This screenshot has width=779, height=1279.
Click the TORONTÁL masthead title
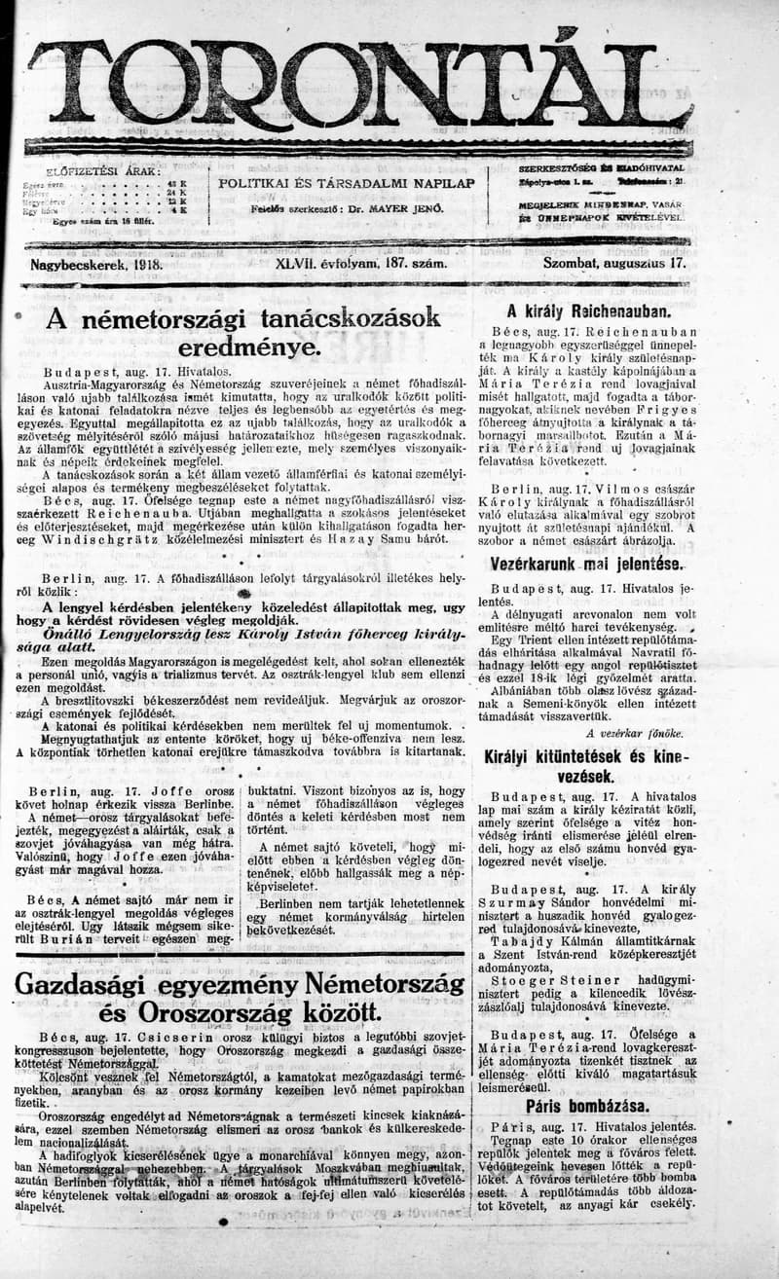click(360, 86)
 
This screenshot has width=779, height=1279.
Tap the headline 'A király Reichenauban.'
click(587, 312)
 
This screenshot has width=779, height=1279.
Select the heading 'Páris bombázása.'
click(587, 1106)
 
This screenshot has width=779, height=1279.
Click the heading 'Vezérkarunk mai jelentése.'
click(586, 565)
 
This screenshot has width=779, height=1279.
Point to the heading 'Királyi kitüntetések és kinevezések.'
click(586, 766)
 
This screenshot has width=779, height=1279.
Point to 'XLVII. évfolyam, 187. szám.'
click(361, 264)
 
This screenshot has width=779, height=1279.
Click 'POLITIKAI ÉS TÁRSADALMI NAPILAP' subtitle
click(347, 183)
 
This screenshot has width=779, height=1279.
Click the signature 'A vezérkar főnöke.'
click(634, 732)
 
